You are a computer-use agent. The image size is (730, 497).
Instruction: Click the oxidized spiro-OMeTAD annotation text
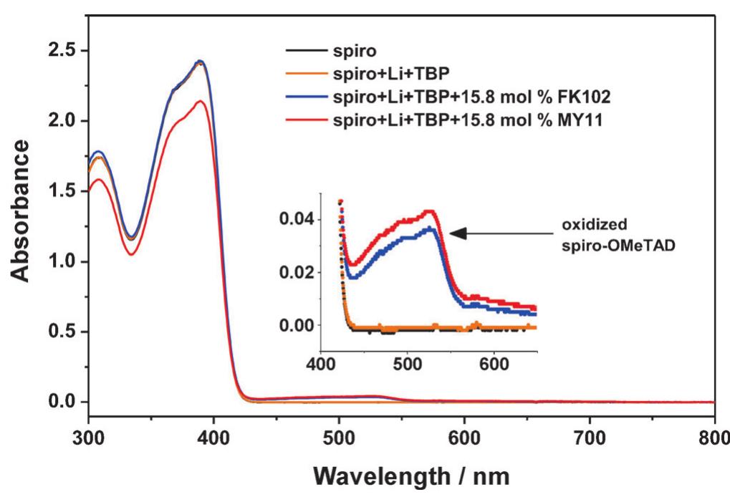click(x=601, y=232)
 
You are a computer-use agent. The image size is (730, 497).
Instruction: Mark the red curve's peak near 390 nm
click(x=203, y=101)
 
